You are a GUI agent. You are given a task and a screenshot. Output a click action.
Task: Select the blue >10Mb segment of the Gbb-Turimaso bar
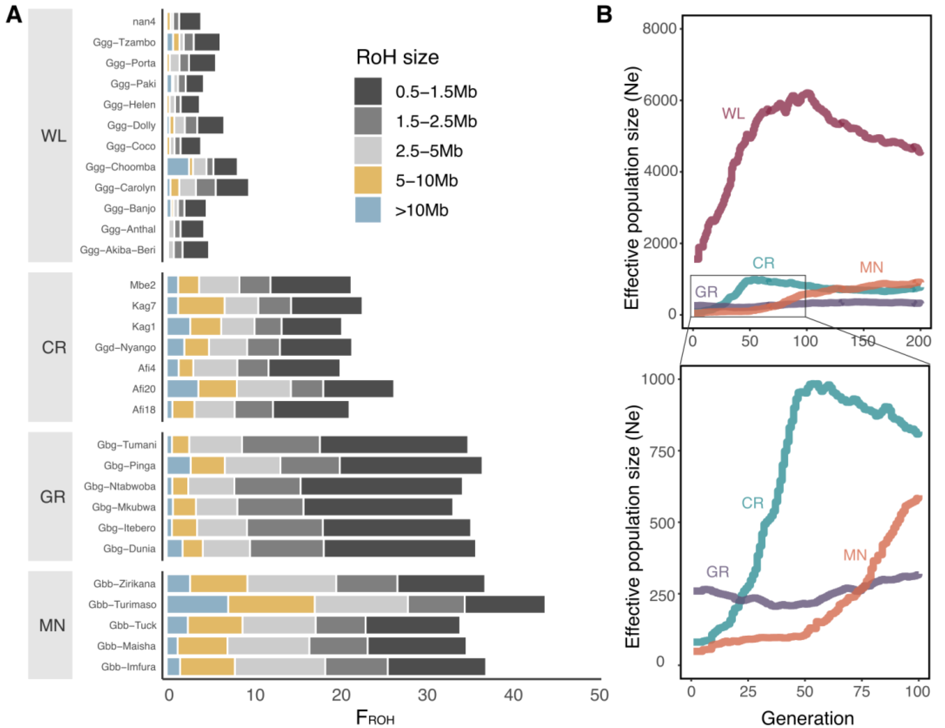[197, 604]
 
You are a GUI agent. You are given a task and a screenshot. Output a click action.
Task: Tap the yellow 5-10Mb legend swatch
[368, 180]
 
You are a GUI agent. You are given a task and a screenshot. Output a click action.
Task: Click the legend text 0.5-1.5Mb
[436, 92]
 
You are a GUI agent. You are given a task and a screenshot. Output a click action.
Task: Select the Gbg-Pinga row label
[129, 466]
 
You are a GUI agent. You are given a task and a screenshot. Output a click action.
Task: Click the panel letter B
[604, 15]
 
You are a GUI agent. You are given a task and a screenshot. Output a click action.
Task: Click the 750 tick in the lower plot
[662, 452]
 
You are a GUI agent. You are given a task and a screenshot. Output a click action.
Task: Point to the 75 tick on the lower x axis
[862, 692]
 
